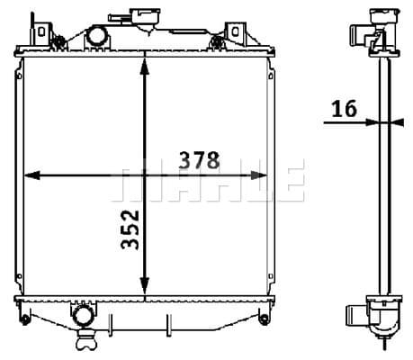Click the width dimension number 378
pos(199,160)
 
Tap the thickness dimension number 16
pos(345,108)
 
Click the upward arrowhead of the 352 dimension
pos(145,67)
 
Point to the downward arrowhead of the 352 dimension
pos(145,285)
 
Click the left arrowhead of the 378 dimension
pos(31,175)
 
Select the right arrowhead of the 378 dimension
pos(258,175)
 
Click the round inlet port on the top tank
pos(97,36)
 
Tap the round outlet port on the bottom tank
pos(83,316)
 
